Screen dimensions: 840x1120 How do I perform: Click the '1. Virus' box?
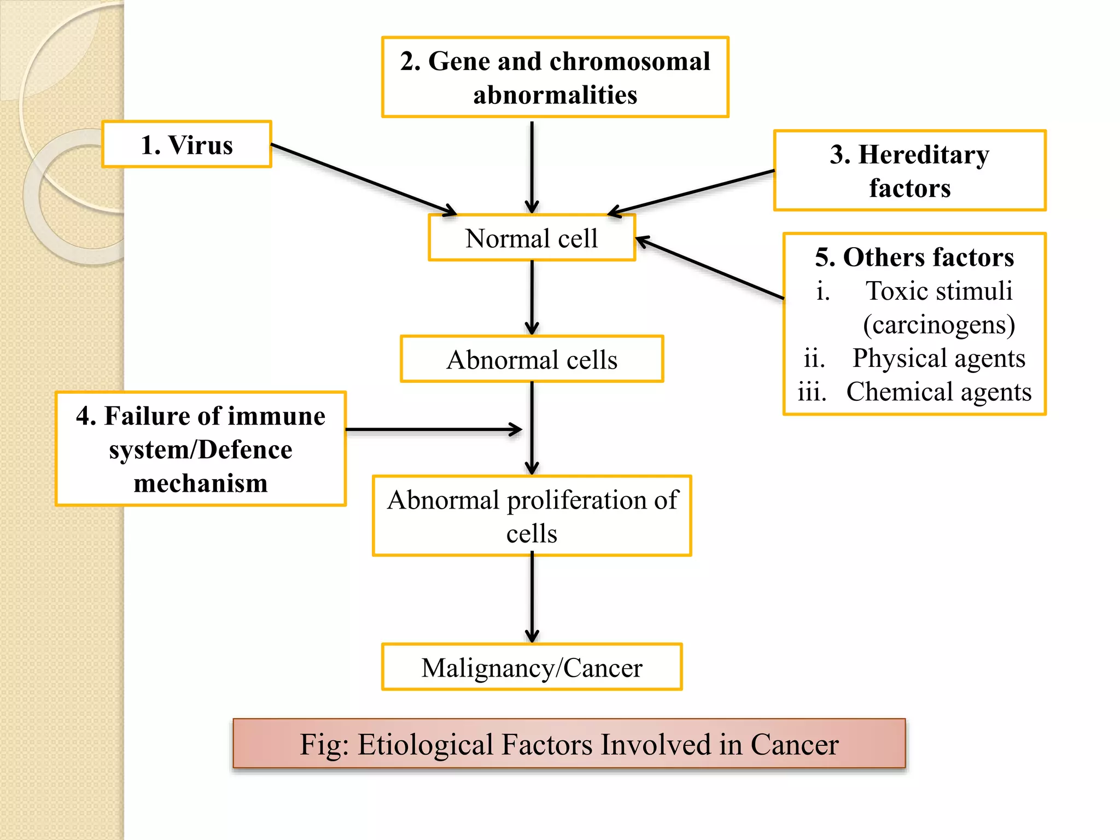click(186, 144)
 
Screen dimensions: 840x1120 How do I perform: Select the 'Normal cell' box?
click(532, 238)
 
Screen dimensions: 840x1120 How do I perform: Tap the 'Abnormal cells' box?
click(532, 359)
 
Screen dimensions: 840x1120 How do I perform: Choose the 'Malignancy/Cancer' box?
click(532, 667)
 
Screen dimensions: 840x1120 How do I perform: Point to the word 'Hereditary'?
click(924, 155)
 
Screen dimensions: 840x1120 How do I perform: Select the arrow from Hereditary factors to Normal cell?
click(692, 192)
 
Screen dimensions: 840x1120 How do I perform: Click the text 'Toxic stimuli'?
click(939, 290)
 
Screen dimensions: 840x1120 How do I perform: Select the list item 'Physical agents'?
click(938, 358)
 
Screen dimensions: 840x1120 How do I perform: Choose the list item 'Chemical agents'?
click(938, 392)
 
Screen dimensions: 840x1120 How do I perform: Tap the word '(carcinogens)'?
click(938, 324)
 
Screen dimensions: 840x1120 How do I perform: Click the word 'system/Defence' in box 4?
click(200, 450)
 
